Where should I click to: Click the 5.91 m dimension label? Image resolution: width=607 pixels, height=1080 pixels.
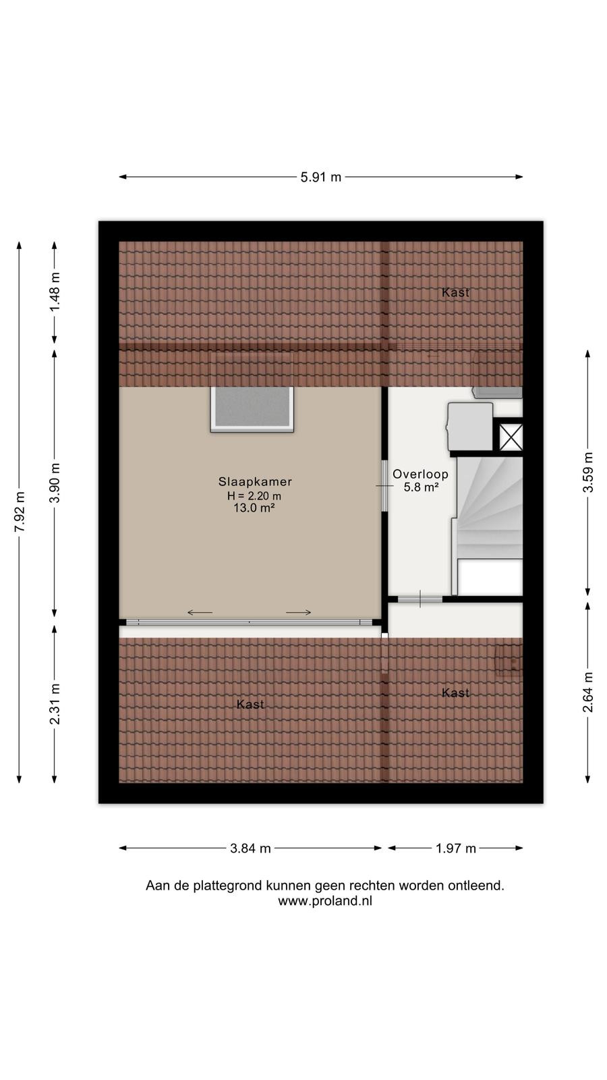click(x=321, y=177)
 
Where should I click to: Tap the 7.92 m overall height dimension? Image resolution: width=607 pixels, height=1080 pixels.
click(x=20, y=512)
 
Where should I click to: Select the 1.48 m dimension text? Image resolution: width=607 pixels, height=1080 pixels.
click(x=55, y=292)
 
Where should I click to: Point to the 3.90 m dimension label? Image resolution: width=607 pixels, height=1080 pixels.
click(x=55, y=483)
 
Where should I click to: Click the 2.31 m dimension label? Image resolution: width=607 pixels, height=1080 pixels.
click(x=55, y=703)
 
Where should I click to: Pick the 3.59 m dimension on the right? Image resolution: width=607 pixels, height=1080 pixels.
click(x=587, y=473)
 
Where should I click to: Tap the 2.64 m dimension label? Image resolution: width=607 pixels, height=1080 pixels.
click(x=587, y=692)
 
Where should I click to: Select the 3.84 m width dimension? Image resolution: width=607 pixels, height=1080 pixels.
click(x=250, y=848)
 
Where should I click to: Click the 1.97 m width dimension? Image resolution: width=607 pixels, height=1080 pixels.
click(x=456, y=848)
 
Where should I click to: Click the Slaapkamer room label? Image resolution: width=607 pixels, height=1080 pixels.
click(x=255, y=481)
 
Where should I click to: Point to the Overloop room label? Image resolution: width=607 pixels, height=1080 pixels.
click(x=420, y=474)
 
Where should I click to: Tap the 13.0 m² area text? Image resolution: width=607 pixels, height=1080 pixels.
click(x=254, y=507)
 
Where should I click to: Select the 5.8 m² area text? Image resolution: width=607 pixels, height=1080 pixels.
click(x=421, y=487)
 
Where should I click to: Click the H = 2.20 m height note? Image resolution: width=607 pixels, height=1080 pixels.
click(x=254, y=495)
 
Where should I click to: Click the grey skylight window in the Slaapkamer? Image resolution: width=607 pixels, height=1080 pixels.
click(x=252, y=409)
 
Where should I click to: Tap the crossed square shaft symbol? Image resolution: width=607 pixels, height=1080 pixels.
click(x=511, y=437)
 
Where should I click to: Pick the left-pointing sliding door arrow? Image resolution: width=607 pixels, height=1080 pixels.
click(x=200, y=613)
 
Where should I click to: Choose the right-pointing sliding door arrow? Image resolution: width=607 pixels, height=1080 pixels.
click(x=299, y=613)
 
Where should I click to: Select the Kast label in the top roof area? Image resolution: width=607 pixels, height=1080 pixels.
click(x=455, y=292)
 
